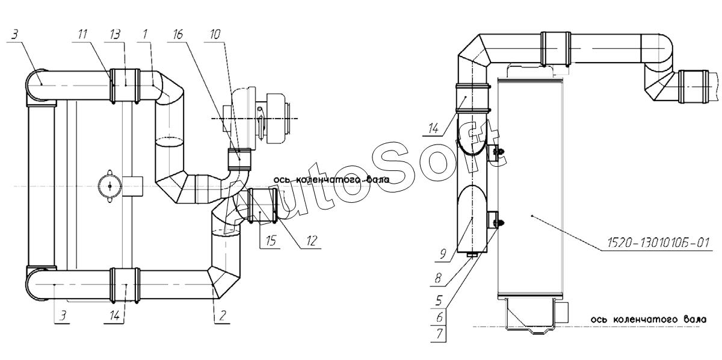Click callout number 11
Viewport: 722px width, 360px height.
[82, 34]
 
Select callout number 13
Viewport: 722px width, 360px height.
[115, 34]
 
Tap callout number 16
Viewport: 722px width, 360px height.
[177, 34]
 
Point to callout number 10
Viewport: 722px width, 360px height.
[215, 34]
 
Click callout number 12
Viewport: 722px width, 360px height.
[312, 241]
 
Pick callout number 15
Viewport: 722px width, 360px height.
[271, 240]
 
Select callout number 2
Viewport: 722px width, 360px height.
[223, 315]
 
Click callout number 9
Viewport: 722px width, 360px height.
[443, 254]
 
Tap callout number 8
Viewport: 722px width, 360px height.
[438, 278]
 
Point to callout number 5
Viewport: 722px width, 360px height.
[439, 300]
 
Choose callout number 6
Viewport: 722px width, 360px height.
[440, 317]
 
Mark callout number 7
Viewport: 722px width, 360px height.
[440, 334]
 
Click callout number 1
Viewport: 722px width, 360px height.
[145, 34]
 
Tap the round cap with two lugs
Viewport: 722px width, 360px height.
[110, 186]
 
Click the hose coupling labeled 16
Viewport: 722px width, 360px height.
[239, 160]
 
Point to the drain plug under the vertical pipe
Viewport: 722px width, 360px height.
[472, 255]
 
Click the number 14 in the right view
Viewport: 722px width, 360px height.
[434, 129]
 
